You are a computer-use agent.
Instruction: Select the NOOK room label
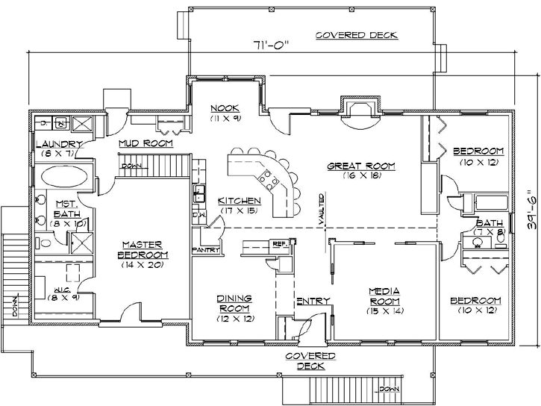pos(223,108)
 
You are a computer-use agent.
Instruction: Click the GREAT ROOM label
pos(361,166)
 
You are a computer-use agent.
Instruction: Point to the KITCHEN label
pos(239,201)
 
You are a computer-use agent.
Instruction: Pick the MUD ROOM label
pos(146,143)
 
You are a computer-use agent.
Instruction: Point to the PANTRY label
pos(205,250)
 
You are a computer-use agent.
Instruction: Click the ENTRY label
pos(313,301)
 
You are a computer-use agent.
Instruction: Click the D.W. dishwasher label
pos(198,214)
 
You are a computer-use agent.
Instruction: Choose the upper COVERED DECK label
pos(356,35)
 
